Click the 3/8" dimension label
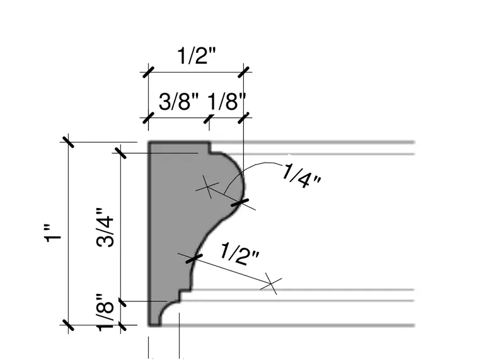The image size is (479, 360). [178, 102]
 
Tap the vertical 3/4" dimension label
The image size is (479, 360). [105, 228]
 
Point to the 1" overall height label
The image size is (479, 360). [52, 233]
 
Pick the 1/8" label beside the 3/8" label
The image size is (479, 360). [226, 102]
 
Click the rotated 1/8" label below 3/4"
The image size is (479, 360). [105, 311]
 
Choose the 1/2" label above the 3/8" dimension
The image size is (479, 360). [196, 56]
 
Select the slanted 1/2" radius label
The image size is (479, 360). [239, 253]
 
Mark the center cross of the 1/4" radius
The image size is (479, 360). [207, 187]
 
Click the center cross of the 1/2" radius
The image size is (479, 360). [271, 284]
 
